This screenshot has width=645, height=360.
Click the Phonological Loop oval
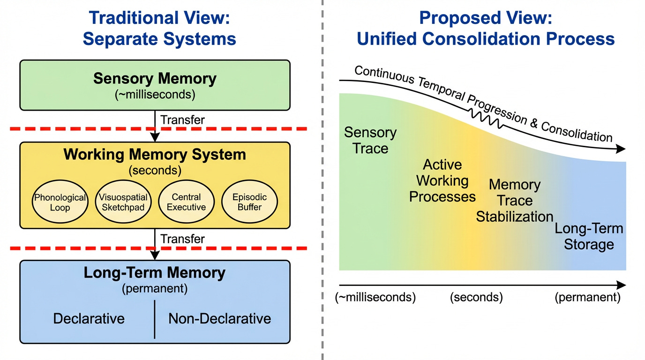point(60,202)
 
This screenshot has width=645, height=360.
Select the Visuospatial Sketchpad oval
point(123,202)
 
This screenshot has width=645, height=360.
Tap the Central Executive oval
point(186,202)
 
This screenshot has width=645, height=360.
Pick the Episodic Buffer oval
point(249,202)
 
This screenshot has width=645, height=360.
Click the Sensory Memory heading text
point(155,78)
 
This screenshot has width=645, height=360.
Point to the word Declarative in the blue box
point(89,319)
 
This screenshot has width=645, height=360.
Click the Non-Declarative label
point(219,319)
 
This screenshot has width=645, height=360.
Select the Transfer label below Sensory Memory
point(182,120)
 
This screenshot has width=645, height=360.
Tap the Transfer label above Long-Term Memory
point(182,239)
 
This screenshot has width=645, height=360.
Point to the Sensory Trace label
point(370,140)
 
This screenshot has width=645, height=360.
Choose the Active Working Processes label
point(442,180)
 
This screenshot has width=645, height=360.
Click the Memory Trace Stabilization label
point(515,201)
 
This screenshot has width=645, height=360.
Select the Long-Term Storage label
point(589,236)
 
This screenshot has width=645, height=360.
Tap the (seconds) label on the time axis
point(476,298)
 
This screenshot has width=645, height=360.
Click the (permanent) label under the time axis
point(587,298)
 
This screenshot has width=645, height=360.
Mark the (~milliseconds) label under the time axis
point(375,298)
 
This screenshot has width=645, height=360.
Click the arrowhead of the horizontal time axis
point(621,285)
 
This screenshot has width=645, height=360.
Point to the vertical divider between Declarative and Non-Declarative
point(155,319)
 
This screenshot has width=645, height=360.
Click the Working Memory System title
point(155,154)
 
